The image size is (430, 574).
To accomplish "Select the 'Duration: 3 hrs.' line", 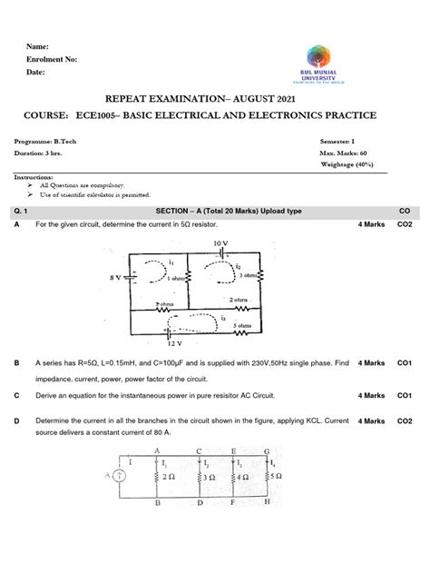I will [x=44, y=154].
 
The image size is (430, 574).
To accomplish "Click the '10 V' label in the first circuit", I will [x=221, y=243].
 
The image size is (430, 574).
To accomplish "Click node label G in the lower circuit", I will [x=266, y=450].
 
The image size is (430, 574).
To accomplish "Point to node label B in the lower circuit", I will [x=157, y=501].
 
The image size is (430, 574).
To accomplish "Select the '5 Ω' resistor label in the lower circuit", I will [x=279, y=476].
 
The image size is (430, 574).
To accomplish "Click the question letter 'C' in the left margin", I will [x=16, y=396].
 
